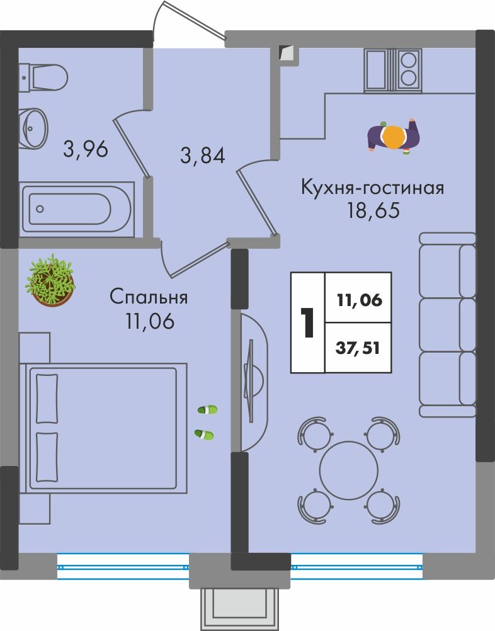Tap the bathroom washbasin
tap(34, 128)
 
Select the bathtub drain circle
tap(40, 209)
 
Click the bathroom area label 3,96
tap(86, 149)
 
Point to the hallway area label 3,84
tap(202, 156)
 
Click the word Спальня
tap(149, 298)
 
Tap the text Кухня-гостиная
tap(373, 188)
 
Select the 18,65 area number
tap(373, 210)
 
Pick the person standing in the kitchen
tap(393, 137)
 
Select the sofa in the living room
tap(448, 325)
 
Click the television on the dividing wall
tap(250, 381)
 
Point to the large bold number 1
tap(308, 323)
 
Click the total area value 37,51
tap(358, 348)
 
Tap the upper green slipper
tap(208, 410)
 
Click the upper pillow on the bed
tap(47, 399)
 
